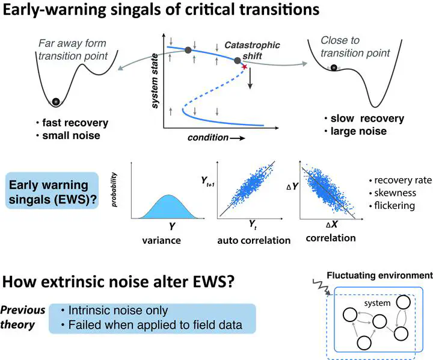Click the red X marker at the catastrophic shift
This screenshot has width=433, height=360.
244,67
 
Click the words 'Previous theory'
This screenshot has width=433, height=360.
23,317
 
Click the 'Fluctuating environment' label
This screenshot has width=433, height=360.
379,275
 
